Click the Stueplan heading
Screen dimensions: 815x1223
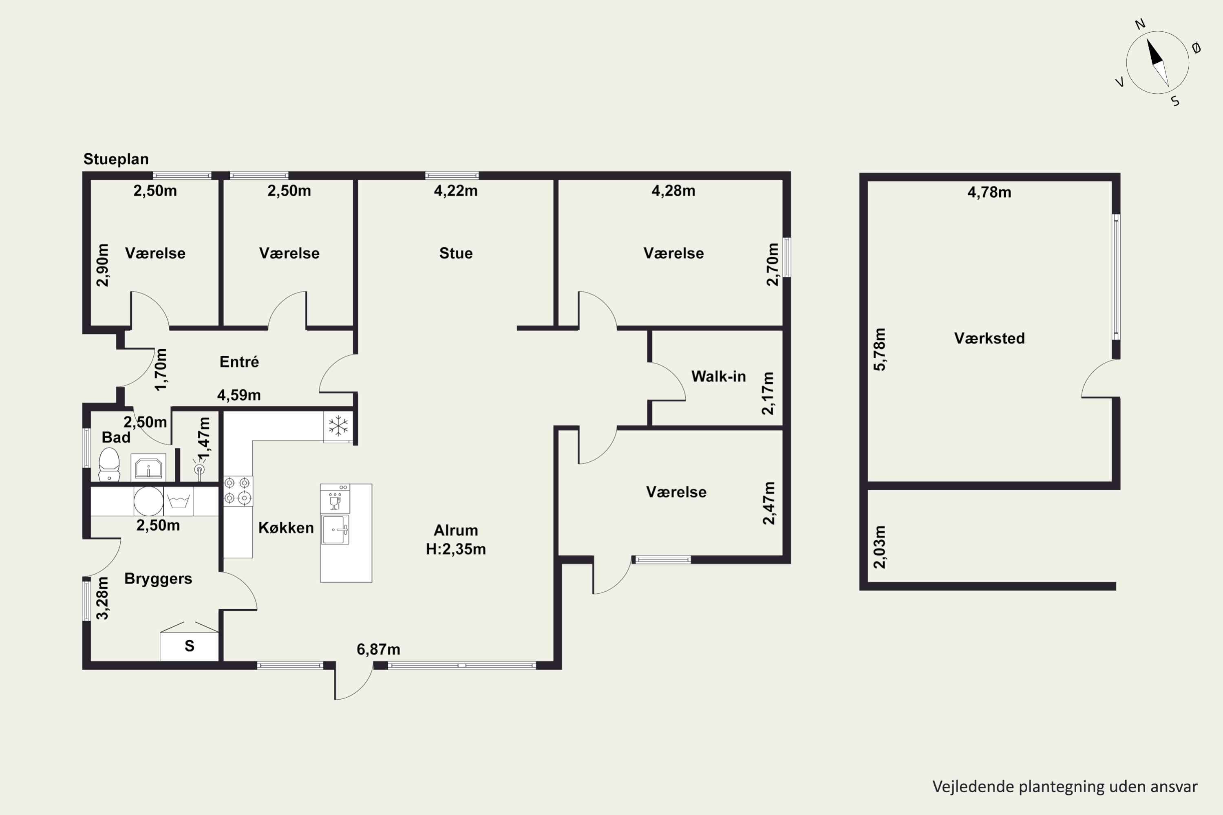tap(116, 159)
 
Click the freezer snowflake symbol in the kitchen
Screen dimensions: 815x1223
tap(338, 426)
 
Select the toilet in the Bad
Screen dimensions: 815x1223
tap(109, 465)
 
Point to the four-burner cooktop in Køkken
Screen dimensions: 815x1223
tap(238, 491)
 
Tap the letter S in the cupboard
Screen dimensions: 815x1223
tap(189, 646)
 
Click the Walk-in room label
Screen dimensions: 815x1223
tap(718, 376)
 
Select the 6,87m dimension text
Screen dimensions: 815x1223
tap(378, 649)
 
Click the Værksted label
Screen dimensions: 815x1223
tap(989, 338)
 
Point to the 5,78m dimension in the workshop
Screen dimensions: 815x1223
tap(879, 349)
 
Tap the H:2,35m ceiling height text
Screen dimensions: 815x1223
tap(455, 549)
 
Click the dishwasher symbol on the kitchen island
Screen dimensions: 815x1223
tap(335, 499)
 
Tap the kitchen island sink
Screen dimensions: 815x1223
tap(335, 530)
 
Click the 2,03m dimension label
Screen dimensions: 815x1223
tap(879, 547)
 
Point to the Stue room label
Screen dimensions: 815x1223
tap(455, 253)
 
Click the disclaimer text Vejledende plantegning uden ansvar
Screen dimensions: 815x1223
tap(1065, 786)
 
